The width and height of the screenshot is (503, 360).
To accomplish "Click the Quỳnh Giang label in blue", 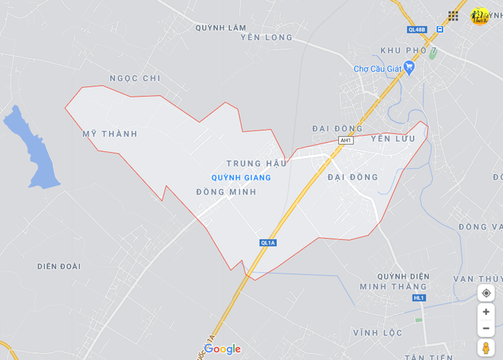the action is tap(241, 178).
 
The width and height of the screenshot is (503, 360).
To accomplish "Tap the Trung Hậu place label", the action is tap(256, 163).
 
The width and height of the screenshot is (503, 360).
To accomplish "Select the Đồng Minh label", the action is tap(226, 192).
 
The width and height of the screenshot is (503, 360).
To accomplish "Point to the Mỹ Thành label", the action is tap(110, 134).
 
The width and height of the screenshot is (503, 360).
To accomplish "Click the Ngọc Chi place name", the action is tap(135, 78).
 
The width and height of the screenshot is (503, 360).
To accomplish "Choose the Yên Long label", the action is tap(266, 37).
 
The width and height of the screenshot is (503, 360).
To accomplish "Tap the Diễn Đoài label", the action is tap(59, 266).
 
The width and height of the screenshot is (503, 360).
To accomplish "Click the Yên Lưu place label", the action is tap(393, 138).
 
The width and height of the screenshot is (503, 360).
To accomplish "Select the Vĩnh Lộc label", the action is tap(378, 333).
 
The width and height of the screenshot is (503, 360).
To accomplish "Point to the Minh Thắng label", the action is tap(394, 287).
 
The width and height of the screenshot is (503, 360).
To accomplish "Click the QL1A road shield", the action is tap(268, 243).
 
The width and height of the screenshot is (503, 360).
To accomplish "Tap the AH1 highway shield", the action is tap(346, 140).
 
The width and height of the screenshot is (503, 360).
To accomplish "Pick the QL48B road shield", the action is tap(417, 29).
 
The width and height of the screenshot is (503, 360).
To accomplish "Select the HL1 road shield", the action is tap(419, 298).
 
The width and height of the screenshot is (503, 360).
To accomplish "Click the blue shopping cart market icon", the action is tap(409, 66).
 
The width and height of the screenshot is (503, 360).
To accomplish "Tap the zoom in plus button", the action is tap(486, 311).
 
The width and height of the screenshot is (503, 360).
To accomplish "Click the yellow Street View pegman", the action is tap(486, 347).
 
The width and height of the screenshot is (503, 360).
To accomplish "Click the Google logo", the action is tap(222, 349).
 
